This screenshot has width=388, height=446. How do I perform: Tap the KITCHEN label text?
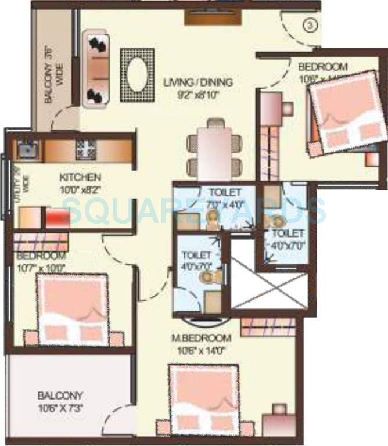coord(81,177)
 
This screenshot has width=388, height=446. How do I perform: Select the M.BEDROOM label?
coord(202,338)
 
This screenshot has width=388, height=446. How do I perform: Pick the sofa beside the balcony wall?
coord(97,69)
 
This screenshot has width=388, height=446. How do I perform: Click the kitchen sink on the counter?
coord(25,149)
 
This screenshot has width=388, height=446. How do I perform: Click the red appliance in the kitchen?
coord(58,219)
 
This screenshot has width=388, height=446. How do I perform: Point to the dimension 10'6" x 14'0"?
coord(202,350)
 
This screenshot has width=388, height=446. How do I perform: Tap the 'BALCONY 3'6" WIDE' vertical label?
coord(53,75)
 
